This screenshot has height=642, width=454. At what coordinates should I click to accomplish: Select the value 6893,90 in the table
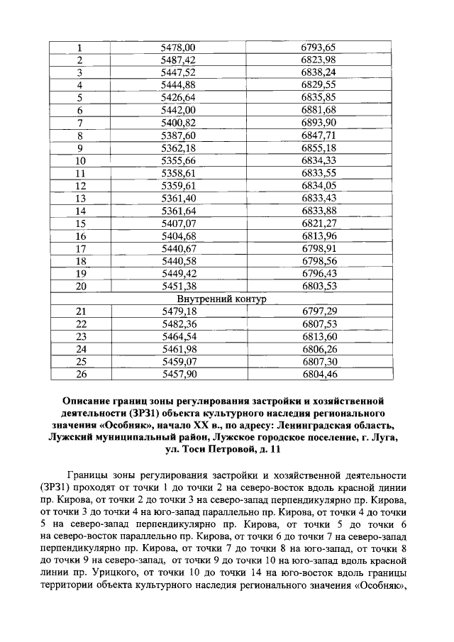click(x=319, y=123)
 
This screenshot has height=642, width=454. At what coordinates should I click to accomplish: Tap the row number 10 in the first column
click(x=80, y=160)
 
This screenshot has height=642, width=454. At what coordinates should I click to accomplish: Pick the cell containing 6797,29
click(x=319, y=311)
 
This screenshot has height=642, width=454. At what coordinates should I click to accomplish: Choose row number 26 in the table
click(x=80, y=373)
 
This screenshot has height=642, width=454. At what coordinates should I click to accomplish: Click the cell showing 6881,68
click(x=319, y=110)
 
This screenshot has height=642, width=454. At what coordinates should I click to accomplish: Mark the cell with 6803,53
click(x=319, y=286)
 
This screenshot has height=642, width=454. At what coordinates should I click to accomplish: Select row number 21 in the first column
click(x=80, y=311)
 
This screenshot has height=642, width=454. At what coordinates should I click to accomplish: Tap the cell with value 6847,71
click(x=319, y=135)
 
